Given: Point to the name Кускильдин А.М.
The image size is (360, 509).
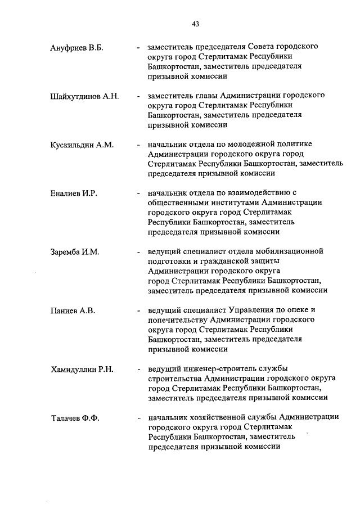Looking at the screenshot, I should tap(82, 145).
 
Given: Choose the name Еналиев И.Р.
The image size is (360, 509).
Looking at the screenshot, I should tap(74, 194).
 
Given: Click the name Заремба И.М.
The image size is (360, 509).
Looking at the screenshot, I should tap(75, 253).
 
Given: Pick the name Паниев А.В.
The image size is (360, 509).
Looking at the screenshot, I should tap(71, 311).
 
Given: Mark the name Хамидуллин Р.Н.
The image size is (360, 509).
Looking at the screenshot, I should tap(82, 370).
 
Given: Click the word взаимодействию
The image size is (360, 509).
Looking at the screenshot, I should tap(263, 194).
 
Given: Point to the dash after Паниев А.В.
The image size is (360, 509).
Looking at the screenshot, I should tap(138, 311).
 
